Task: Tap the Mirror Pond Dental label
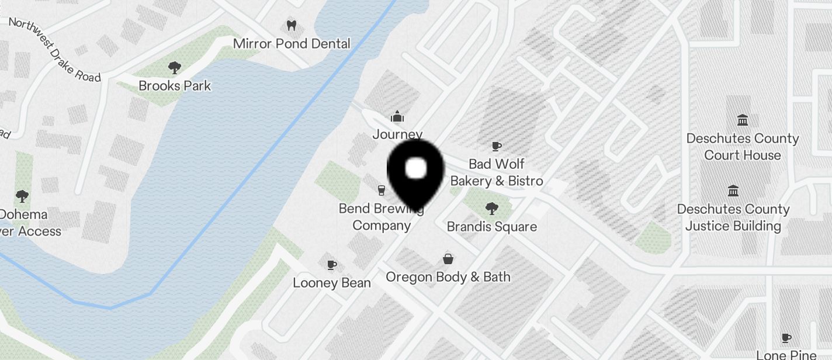(x=292, y=44)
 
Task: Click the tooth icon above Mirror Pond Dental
(x=292, y=26)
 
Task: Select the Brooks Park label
(x=175, y=86)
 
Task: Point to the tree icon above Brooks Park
(x=174, y=68)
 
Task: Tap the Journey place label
(x=397, y=134)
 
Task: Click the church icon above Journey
(x=397, y=117)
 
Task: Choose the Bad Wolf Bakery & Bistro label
(x=497, y=172)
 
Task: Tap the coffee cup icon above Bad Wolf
(x=497, y=146)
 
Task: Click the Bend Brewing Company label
(x=382, y=217)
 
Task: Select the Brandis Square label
(x=492, y=226)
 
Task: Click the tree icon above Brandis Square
(x=492, y=208)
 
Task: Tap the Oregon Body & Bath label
(x=448, y=277)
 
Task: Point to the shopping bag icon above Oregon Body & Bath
(x=448, y=258)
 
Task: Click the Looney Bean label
(x=332, y=283)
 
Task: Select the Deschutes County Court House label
(x=743, y=147)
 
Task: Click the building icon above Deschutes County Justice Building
(x=733, y=191)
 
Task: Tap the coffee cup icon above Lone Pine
(x=786, y=338)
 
